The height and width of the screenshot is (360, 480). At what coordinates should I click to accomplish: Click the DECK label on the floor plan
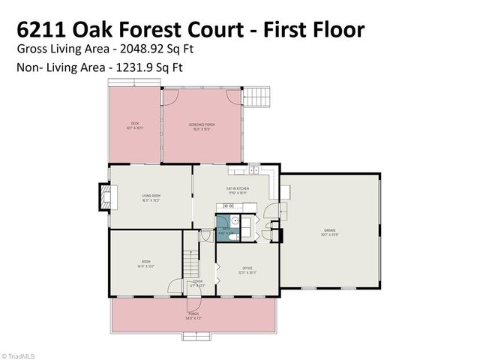point(135,125)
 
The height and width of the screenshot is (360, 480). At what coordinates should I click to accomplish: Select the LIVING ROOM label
point(151,198)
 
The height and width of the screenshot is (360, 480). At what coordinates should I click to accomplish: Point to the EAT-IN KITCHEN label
point(237,190)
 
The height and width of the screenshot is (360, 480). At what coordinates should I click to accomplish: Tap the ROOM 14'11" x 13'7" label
point(146,263)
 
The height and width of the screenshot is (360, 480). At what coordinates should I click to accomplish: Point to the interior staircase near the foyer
point(191,262)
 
